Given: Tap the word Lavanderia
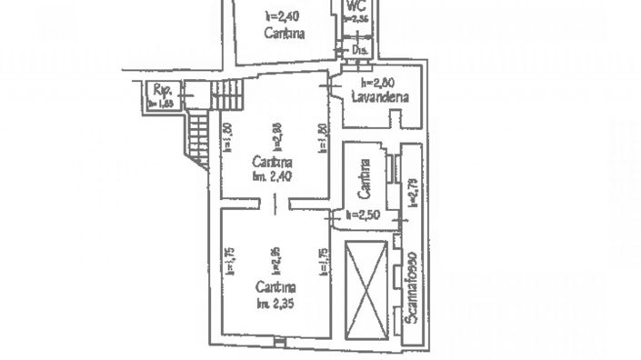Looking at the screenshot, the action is tap(381, 96).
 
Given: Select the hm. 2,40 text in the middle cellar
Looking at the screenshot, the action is tap(271, 176).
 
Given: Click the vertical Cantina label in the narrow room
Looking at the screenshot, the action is tap(364, 177).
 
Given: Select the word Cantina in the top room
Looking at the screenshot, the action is tap(284, 34).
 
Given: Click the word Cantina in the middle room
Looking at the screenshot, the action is tap(271, 160).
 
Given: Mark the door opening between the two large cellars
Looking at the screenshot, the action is tap(273, 205).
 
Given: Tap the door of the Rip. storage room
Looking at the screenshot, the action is tap(182, 94).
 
